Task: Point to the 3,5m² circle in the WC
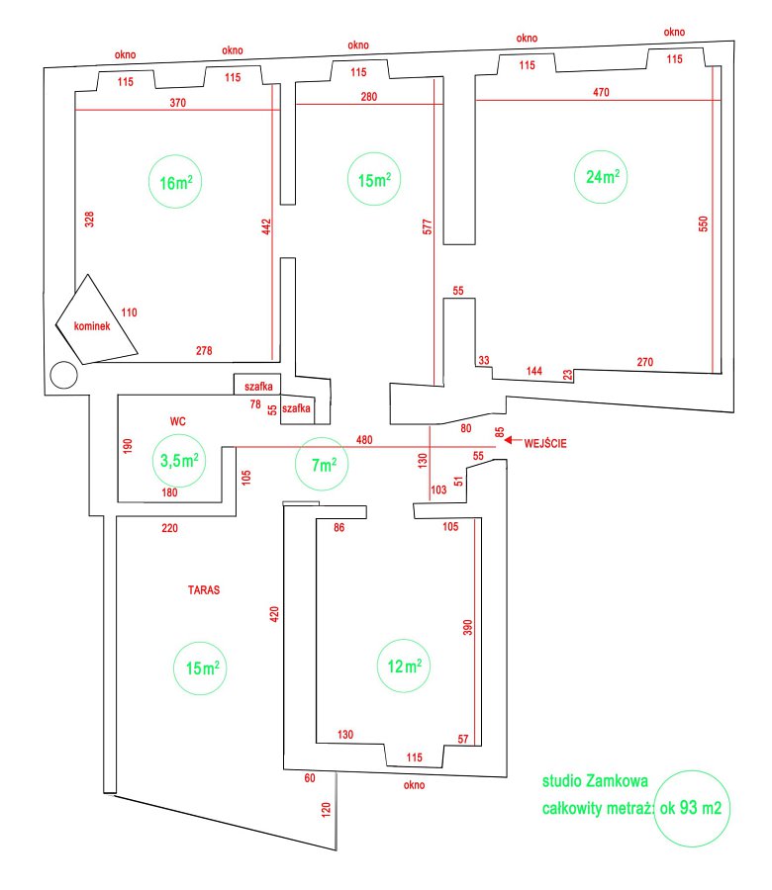[x=181, y=460]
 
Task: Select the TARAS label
[x=203, y=589]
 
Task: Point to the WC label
[x=177, y=420]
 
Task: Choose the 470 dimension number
[x=602, y=93]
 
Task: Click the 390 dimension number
[x=468, y=627]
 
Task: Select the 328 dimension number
[x=89, y=220]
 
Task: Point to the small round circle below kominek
[x=63, y=375]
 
